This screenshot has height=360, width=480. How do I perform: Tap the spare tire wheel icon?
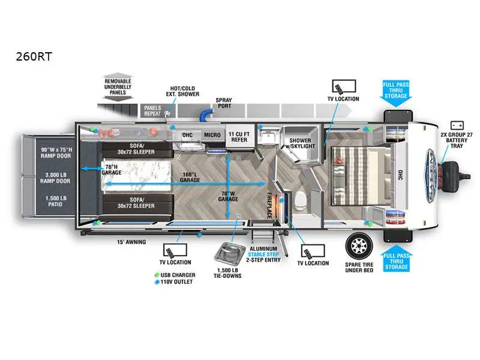click(x=358, y=245)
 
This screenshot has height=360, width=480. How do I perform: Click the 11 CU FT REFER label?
click(x=239, y=137)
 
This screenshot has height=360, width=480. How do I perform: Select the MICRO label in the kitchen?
click(x=212, y=136)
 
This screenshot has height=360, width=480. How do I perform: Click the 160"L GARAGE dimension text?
click(x=190, y=176)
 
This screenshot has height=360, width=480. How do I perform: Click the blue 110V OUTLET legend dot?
click(x=156, y=281)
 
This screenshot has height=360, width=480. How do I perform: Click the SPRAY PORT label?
click(x=224, y=103)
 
